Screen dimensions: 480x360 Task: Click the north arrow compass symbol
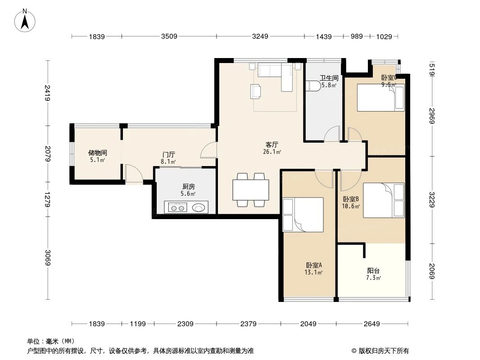(25, 20)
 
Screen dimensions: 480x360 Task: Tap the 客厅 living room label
(272, 144)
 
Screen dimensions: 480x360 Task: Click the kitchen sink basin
(198, 208)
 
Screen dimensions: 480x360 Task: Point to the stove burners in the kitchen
(178, 208)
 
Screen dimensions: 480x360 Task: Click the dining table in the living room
(251, 190)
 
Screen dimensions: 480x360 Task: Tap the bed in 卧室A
(303, 215)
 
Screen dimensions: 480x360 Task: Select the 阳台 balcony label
(373, 271)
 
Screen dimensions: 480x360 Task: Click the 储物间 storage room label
(98, 153)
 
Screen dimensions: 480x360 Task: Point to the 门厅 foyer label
(169, 155)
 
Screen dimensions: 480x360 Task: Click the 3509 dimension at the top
(169, 36)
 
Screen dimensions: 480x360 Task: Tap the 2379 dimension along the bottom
(248, 324)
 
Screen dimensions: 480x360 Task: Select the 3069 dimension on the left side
(48, 257)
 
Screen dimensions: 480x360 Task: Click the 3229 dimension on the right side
(432, 199)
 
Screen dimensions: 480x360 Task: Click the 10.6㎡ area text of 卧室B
(351, 206)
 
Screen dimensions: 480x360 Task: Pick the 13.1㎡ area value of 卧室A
(314, 272)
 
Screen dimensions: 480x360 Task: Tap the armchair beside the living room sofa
(256, 91)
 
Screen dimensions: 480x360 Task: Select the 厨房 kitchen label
(188, 186)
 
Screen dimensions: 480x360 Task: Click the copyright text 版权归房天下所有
(384, 351)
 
